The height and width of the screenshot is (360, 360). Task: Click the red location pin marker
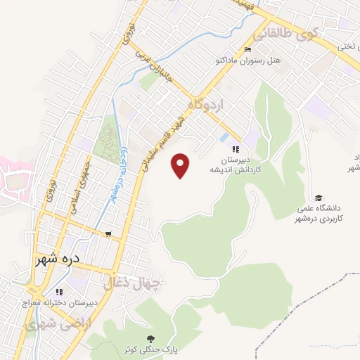[x=181, y=165]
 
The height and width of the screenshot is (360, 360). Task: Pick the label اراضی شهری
[x=51, y=324]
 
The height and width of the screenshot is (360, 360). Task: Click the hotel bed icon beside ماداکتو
[x=247, y=49]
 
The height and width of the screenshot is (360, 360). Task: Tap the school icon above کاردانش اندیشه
[x=236, y=149]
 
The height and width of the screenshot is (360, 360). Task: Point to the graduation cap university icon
[x=319, y=198]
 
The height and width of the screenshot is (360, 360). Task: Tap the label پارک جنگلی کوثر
[x=148, y=349]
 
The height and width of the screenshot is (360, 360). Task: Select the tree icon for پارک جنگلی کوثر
[x=148, y=337]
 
